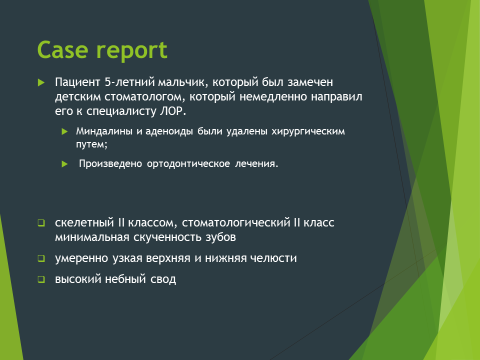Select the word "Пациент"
click(78, 82)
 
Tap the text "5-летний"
click(130, 82)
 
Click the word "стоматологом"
click(145, 96)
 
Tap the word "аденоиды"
click(169, 131)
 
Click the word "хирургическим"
click(308, 131)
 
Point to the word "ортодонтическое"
click(188, 164)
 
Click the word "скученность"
click(167, 237)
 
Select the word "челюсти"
click(273, 258)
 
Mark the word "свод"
click(163, 279)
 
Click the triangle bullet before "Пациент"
click(41, 82)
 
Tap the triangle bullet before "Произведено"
click(64, 164)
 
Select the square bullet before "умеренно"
click(41, 258)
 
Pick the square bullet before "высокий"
click(41, 279)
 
